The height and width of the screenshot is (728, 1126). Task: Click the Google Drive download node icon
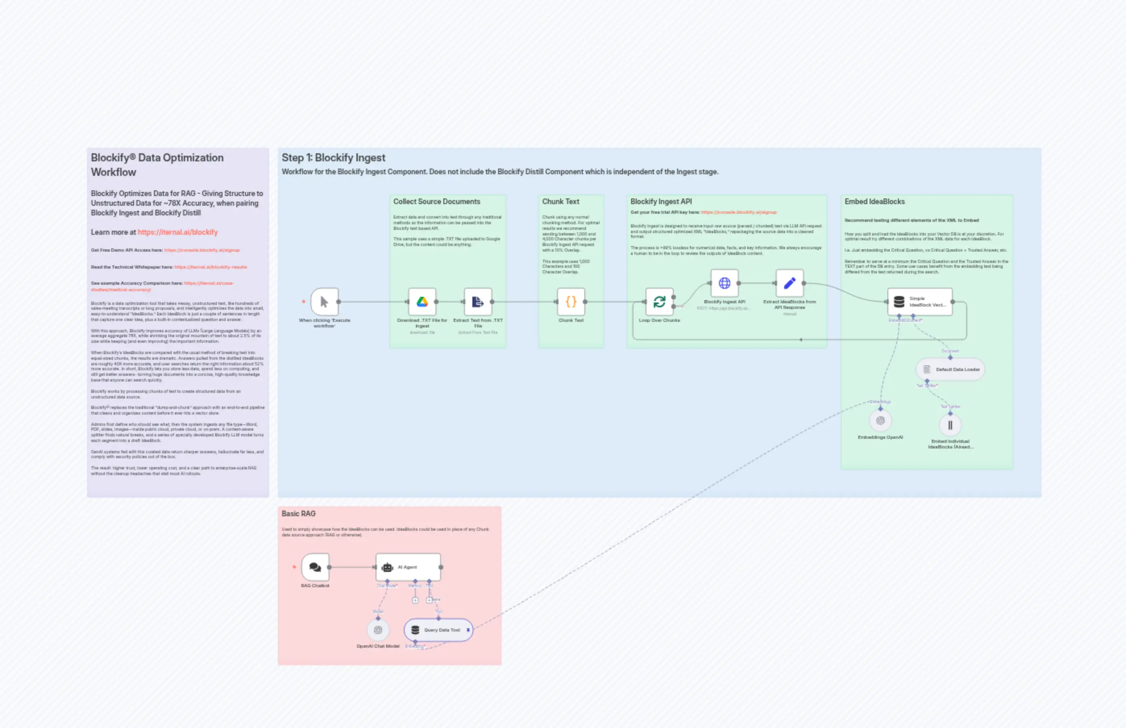pyautogui.click(x=422, y=302)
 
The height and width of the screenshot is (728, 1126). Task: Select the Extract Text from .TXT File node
pyautogui.click(x=478, y=302)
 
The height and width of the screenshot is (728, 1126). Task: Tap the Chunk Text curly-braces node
pyautogui.click(x=571, y=302)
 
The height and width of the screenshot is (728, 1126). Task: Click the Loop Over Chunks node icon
pyautogui.click(x=659, y=302)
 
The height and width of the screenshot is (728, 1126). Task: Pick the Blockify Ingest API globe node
pyautogui.click(x=724, y=283)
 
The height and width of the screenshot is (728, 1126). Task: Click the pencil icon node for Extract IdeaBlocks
pyautogui.click(x=789, y=283)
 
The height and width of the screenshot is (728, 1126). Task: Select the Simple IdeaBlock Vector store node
pyautogui.click(x=919, y=302)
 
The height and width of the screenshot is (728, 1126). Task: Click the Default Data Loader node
pyautogui.click(x=950, y=369)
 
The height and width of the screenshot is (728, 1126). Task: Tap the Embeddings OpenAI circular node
pyautogui.click(x=880, y=420)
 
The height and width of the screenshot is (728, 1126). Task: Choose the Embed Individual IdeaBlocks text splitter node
pyautogui.click(x=950, y=425)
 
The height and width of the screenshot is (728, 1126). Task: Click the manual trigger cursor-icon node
pyautogui.click(x=324, y=302)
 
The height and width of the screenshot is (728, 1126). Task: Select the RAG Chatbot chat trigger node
pyautogui.click(x=315, y=567)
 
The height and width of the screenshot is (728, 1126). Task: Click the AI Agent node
pyautogui.click(x=407, y=567)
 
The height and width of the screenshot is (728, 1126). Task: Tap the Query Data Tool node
pyautogui.click(x=438, y=630)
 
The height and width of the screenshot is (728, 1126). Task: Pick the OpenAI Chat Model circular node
pyautogui.click(x=378, y=630)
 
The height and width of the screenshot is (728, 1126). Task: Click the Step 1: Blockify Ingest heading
pyautogui.click(x=333, y=157)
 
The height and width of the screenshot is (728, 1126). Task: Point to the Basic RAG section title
pyautogui.click(x=298, y=513)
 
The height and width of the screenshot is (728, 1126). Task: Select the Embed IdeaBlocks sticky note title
pyautogui.click(x=874, y=201)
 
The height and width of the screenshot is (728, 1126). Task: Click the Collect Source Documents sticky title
pyautogui.click(x=436, y=201)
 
